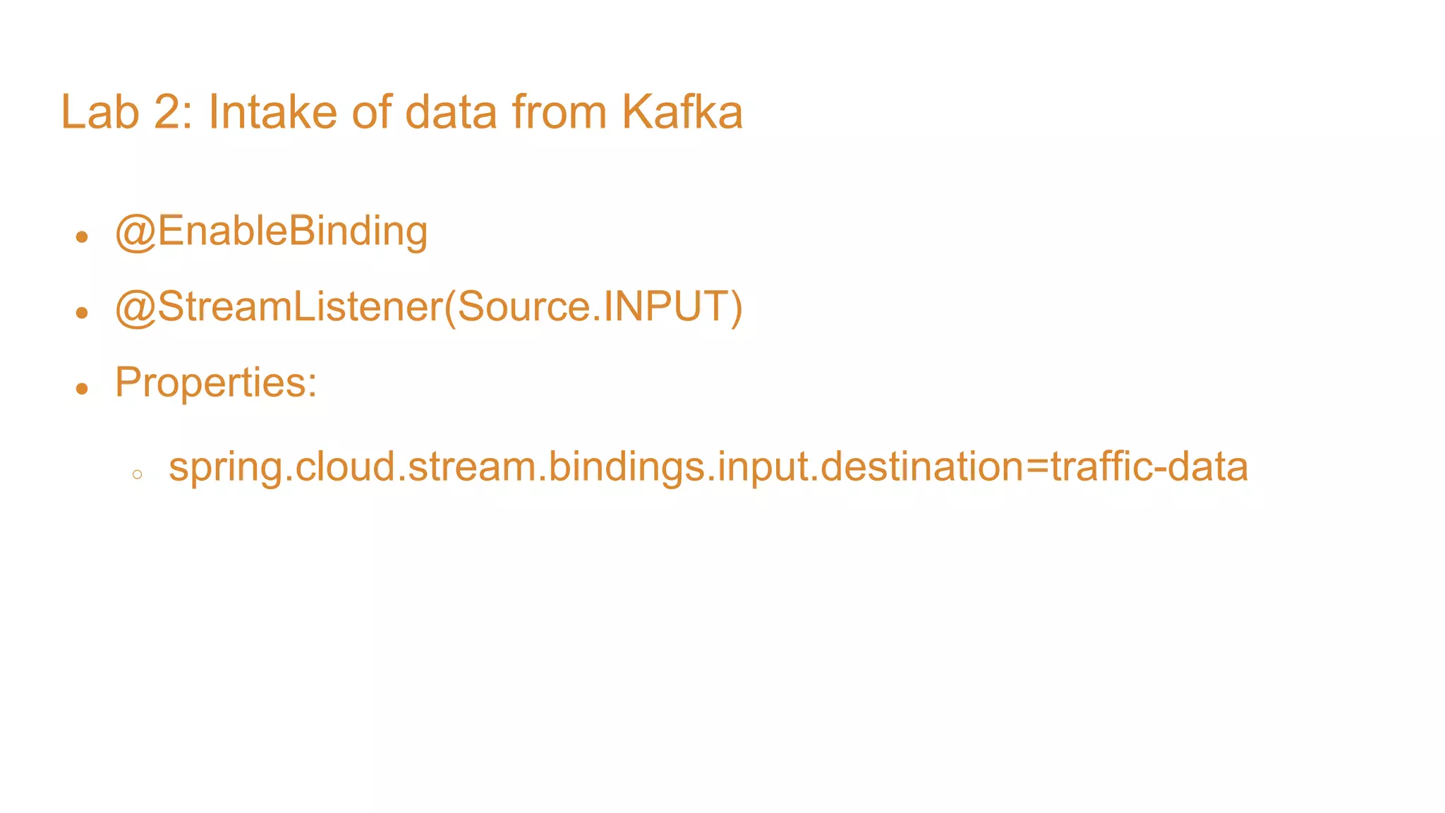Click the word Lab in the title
(99, 112)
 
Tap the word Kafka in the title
(682, 112)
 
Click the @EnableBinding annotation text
(272, 231)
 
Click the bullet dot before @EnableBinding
(82, 237)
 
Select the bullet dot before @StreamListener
(82, 313)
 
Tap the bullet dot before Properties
(82, 388)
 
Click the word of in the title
(372, 112)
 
